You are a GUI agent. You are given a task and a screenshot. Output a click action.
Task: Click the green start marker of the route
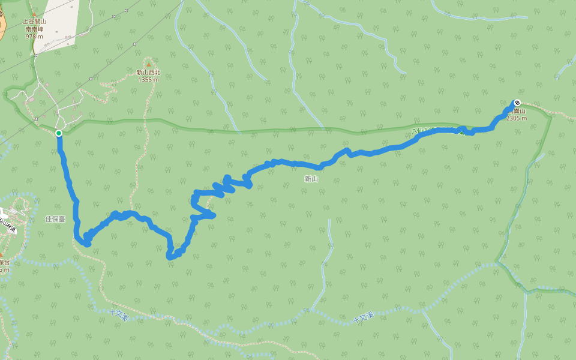59,133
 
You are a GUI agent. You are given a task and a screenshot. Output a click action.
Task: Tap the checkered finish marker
517,103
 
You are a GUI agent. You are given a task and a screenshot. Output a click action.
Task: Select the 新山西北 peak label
148,73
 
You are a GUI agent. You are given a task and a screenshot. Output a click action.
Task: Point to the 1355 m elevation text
148,79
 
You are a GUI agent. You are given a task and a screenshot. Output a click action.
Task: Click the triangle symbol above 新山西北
148,64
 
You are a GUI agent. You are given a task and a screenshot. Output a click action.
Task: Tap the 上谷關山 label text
35,21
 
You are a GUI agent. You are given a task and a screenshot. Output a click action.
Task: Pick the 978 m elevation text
34,36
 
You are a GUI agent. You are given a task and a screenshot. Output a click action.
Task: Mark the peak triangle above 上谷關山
34,14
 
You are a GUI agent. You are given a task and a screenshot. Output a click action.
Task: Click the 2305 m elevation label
516,118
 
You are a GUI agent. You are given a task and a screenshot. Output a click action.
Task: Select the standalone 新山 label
311,179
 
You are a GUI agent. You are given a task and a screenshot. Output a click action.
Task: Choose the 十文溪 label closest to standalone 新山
364,317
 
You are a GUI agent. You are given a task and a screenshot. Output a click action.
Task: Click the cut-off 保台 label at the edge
4,262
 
